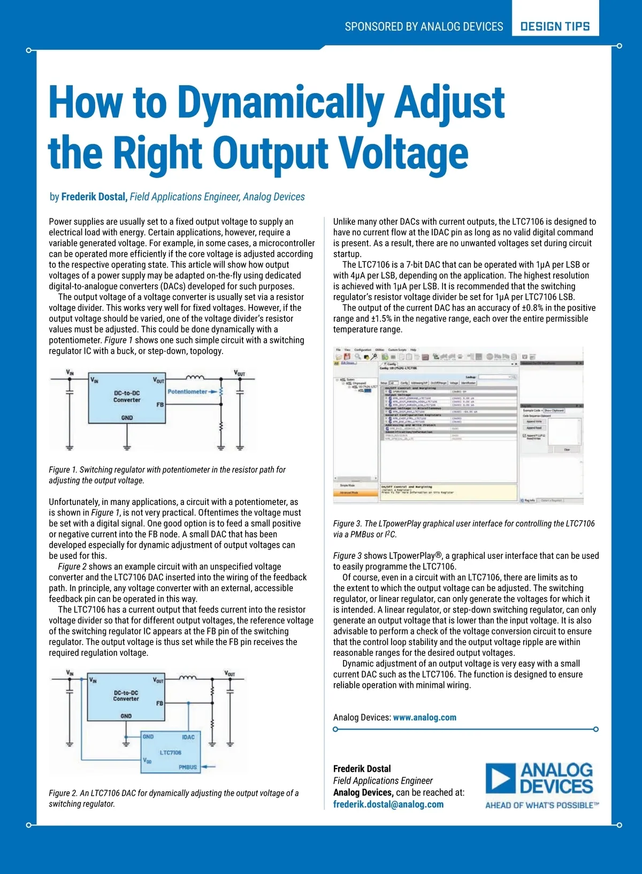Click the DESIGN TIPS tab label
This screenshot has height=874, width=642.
pyautogui.click(x=555, y=26)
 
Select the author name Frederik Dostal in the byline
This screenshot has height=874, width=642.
pyautogui.click(x=94, y=197)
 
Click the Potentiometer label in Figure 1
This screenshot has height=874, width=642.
pyautogui.click(x=187, y=392)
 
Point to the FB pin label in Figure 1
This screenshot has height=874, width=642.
pyautogui.click(x=159, y=405)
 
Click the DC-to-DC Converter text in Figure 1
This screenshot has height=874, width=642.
pyautogui.click(x=127, y=396)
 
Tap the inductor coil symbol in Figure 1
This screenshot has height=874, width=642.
pyautogui.click(x=194, y=378)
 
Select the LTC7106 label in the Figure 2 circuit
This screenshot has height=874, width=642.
pyautogui.click(x=171, y=753)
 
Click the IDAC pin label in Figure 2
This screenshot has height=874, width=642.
pyautogui.click(x=188, y=737)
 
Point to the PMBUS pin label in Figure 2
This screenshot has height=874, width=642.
pyautogui.click(x=188, y=767)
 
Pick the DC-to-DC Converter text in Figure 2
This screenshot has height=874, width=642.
pyautogui.click(x=126, y=695)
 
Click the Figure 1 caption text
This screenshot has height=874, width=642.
pyautogui.click(x=167, y=475)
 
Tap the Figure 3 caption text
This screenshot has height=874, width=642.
pyautogui.click(x=464, y=528)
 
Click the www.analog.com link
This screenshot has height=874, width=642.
pyautogui.click(x=425, y=717)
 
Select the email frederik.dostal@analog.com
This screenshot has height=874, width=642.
pyautogui.click(x=388, y=804)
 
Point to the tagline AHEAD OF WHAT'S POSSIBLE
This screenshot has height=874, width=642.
pyautogui.click(x=541, y=805)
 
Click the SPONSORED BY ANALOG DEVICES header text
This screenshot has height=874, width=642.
pyautogui.click(x=424, y=27)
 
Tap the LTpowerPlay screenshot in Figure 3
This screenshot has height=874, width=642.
pyautogui.click(x=457, y=425)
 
